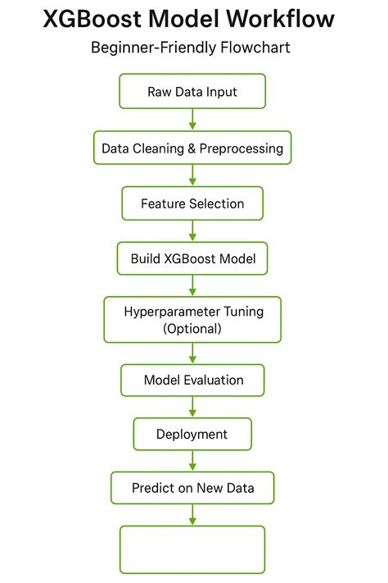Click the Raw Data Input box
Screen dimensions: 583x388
coord(192,91)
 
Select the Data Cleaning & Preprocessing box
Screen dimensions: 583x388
coord(192,148)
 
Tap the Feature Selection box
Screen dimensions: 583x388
coord(192,203)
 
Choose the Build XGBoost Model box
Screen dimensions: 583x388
coord(192,258)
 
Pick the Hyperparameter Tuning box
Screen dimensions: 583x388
coord(192,320)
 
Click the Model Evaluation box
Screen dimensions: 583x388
coord(192,380)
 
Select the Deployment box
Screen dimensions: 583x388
coord(192,434)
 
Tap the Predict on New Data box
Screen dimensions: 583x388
coord(192,488)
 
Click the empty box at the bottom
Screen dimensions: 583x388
coord(192,549)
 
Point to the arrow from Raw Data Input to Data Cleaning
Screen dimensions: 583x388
coord(193,120)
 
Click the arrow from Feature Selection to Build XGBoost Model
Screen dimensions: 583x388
coord(193,231)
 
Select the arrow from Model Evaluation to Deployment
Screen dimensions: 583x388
coord(193,407)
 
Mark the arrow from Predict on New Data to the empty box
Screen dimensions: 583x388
coord(193,514)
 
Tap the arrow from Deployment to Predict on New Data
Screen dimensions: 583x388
coord(193,461)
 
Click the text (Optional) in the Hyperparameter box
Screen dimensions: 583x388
coord(192,328)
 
